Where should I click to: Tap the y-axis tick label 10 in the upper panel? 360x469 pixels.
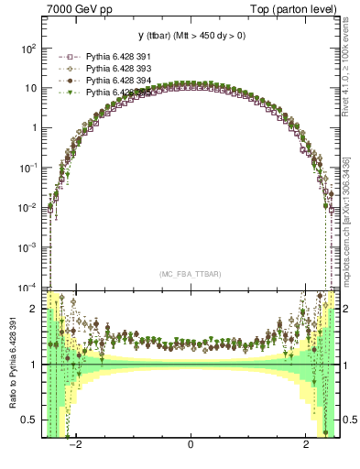(x=31, y=88)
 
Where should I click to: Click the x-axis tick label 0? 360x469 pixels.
(x=190, y=445)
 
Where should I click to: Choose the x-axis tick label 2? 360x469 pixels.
(x=306, y=445)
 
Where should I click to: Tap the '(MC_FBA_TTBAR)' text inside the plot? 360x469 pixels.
(x=190, y=274)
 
